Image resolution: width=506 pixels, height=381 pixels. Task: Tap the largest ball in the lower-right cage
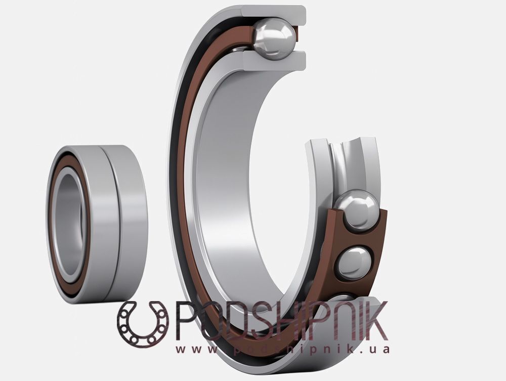point(357,210)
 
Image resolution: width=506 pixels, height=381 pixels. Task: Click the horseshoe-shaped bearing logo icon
point(143,324)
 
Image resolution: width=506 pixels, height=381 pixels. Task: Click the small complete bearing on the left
point(96,224)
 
